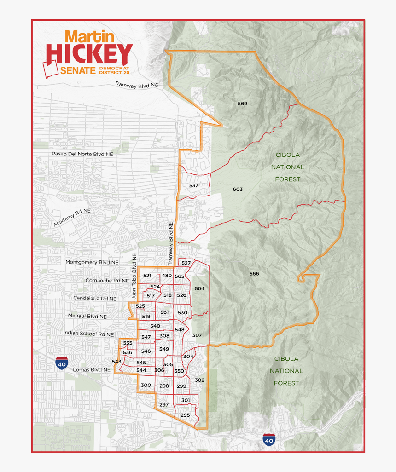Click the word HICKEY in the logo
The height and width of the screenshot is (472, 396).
pos(89,54)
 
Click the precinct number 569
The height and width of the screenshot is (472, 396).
pos(242,104)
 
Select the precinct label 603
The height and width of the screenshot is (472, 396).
pos(238,189)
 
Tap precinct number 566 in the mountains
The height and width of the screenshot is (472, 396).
pos(254,274)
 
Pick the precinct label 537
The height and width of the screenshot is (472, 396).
pos(193,185)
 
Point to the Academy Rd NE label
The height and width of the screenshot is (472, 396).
pos(72,217)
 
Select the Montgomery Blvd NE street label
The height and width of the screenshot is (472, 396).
pos(92,262)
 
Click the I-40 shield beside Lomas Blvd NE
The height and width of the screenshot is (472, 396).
pos(61,363)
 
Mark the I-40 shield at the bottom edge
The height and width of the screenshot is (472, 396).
pos(269,440)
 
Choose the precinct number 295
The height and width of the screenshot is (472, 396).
pos(185,415)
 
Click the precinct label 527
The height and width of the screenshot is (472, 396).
pos(186,263)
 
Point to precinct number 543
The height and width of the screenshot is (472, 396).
pos(116,362)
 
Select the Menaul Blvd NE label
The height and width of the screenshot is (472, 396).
pos(87,317)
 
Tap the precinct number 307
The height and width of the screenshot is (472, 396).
pos(197,335)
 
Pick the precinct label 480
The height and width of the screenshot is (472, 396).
pos(166,276)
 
